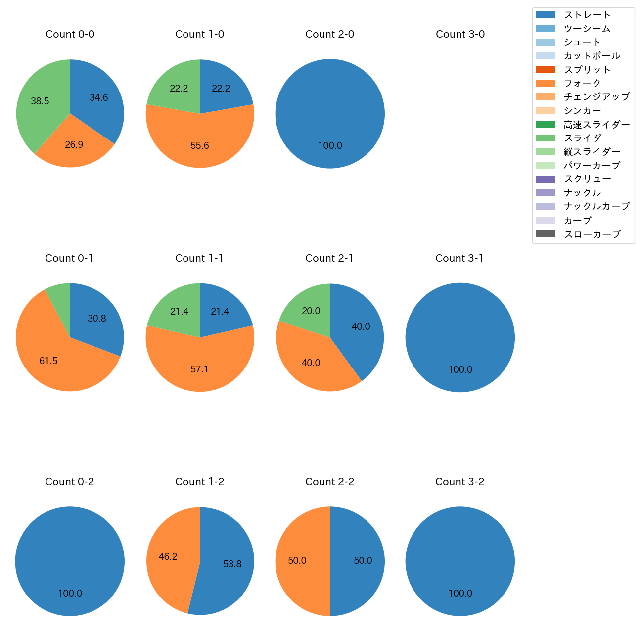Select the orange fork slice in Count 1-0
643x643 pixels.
click(x=200, y=143)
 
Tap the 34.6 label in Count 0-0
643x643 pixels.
click(x=99, y=98)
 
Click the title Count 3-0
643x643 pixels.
click(x=460, y=34)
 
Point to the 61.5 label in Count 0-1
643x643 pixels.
click(x=48, y=361)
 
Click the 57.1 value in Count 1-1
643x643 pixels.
click(x=200, y=369)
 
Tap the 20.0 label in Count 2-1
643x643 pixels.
click(x=311, y=311)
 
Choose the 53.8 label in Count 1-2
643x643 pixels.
click(x=232, y=564)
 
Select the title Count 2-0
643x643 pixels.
click(x=330, y=34)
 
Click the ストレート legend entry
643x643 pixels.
click(x=587, y=15)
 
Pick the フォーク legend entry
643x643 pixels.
click(x=582, y=83)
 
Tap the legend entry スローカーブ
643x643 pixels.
click(x=592, y=234)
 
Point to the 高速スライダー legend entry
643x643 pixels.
click(x=597, y=125)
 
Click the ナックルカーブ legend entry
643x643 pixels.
click(x=597, y=207)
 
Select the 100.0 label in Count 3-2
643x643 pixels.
click(x=460, y=594)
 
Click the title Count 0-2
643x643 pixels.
click(x=70, y=482)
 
